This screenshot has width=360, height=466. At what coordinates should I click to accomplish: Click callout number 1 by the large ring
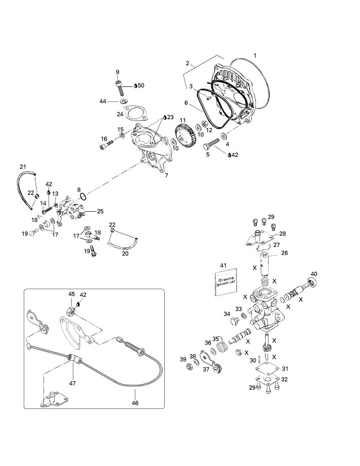(255, 55)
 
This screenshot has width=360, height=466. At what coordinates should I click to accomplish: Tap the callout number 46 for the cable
(135, 403)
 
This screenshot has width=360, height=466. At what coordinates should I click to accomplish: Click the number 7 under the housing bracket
(166, 176)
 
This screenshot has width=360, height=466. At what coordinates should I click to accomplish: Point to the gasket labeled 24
(134, 113)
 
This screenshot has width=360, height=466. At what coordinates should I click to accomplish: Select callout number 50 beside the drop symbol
(141, 86)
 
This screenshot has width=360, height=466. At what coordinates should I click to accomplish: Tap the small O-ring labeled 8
(82, 197)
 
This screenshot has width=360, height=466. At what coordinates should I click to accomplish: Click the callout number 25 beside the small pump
(100, 212)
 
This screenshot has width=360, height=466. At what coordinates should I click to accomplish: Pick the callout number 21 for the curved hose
(23, 166)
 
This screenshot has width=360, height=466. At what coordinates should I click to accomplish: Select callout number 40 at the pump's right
(314, 275)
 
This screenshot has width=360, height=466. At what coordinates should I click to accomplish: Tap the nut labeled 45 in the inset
(71, 310)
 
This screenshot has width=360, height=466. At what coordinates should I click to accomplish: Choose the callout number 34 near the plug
(227, 314)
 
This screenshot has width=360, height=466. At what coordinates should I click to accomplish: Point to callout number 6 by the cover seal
(185, 103)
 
